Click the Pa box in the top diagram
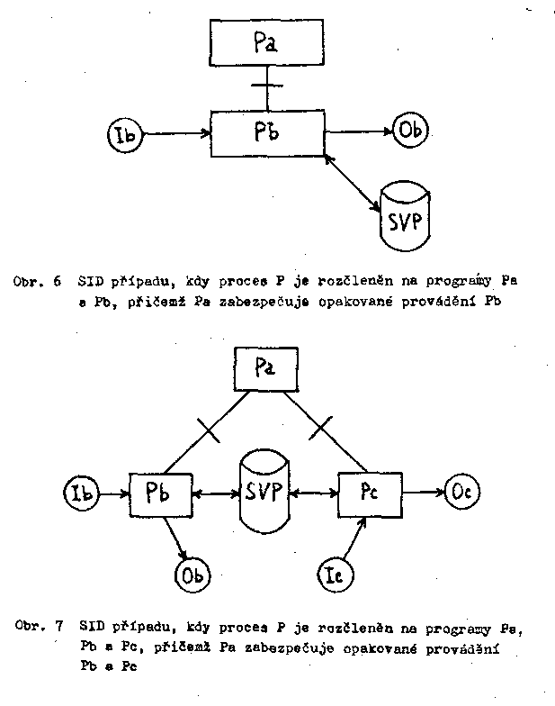266,42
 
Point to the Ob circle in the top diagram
410,131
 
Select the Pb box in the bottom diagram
163,493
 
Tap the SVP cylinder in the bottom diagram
264,493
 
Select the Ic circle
338,573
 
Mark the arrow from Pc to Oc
424,493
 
